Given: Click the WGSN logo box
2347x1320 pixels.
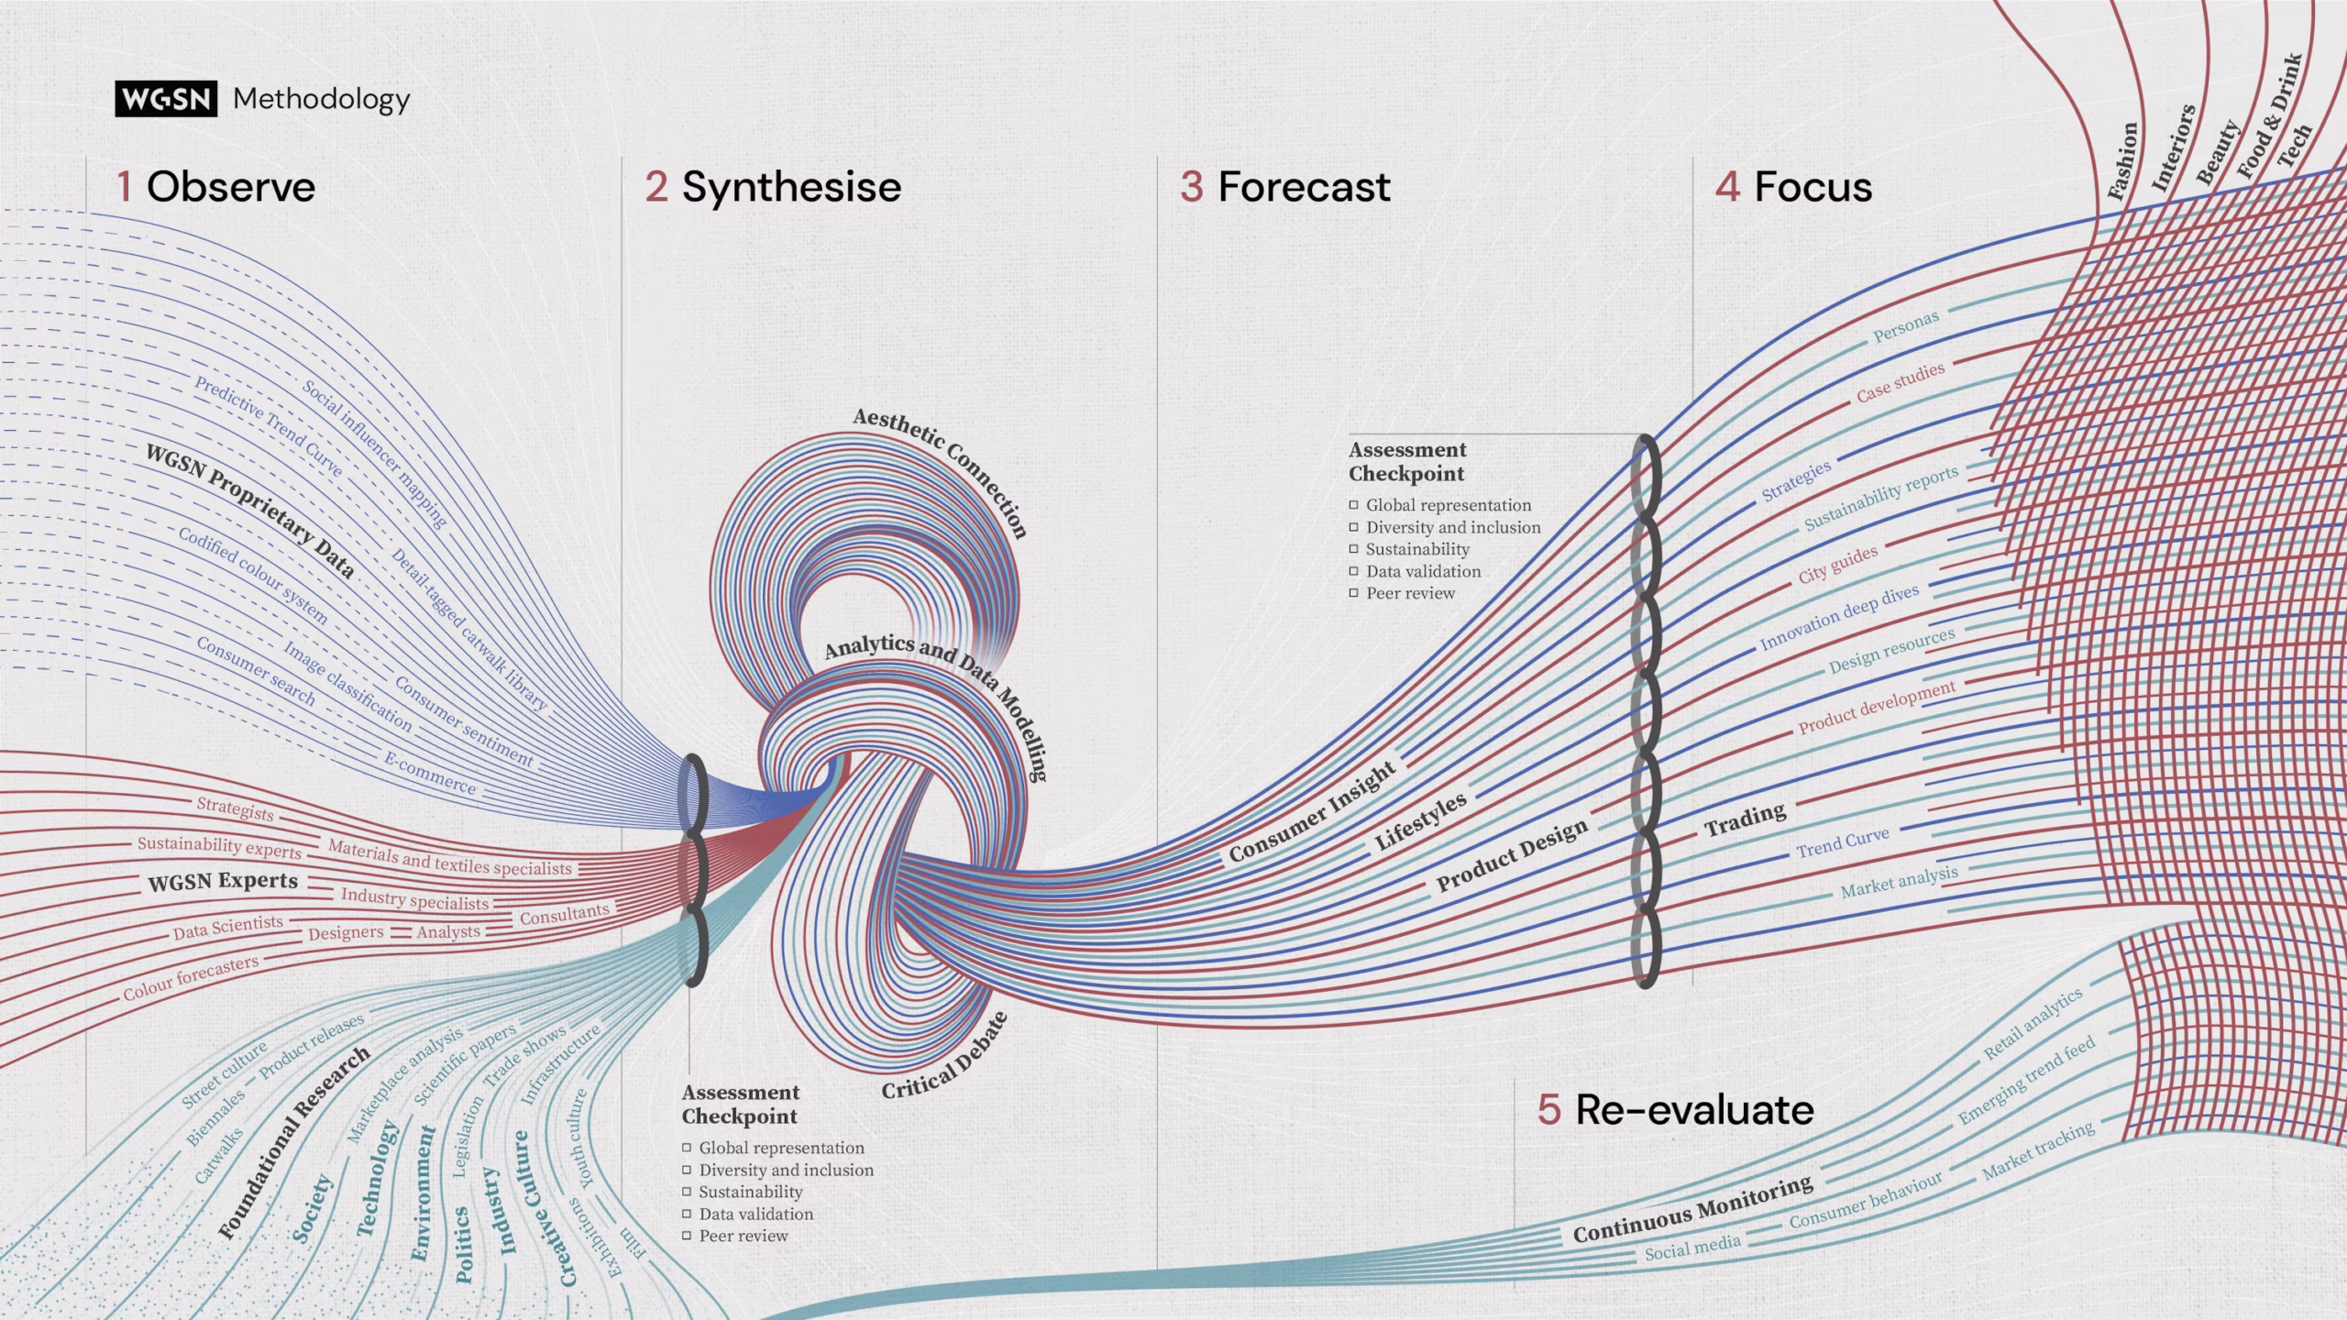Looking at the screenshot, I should (166, 99).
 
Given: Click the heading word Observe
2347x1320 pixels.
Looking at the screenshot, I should (230, 187).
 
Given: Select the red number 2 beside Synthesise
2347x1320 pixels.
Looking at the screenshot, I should (656, 187).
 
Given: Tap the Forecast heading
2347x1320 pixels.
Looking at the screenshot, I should (1303, 187).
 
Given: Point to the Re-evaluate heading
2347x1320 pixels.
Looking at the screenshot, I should (1693, 1110).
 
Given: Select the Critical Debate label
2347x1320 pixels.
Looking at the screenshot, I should (945, 1057).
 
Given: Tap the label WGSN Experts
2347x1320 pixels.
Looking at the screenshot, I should (223, 882).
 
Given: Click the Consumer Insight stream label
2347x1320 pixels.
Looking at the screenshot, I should (1312, 812).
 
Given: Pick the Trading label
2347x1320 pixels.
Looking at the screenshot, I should (1745, 819).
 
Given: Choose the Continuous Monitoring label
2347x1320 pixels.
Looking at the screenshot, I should (1692, 1210).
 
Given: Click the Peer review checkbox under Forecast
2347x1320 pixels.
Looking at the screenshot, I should (1353, 593).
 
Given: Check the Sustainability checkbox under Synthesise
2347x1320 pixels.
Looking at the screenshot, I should (687, 1192).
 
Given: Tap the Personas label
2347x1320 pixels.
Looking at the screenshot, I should (1906, 326).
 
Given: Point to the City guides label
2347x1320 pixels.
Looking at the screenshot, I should (1837, 565).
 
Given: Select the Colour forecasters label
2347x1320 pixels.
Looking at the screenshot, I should (191, 978).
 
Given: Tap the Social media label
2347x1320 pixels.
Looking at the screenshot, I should (1692, 1248).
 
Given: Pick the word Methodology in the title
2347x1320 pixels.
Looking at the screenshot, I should (321, 99).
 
